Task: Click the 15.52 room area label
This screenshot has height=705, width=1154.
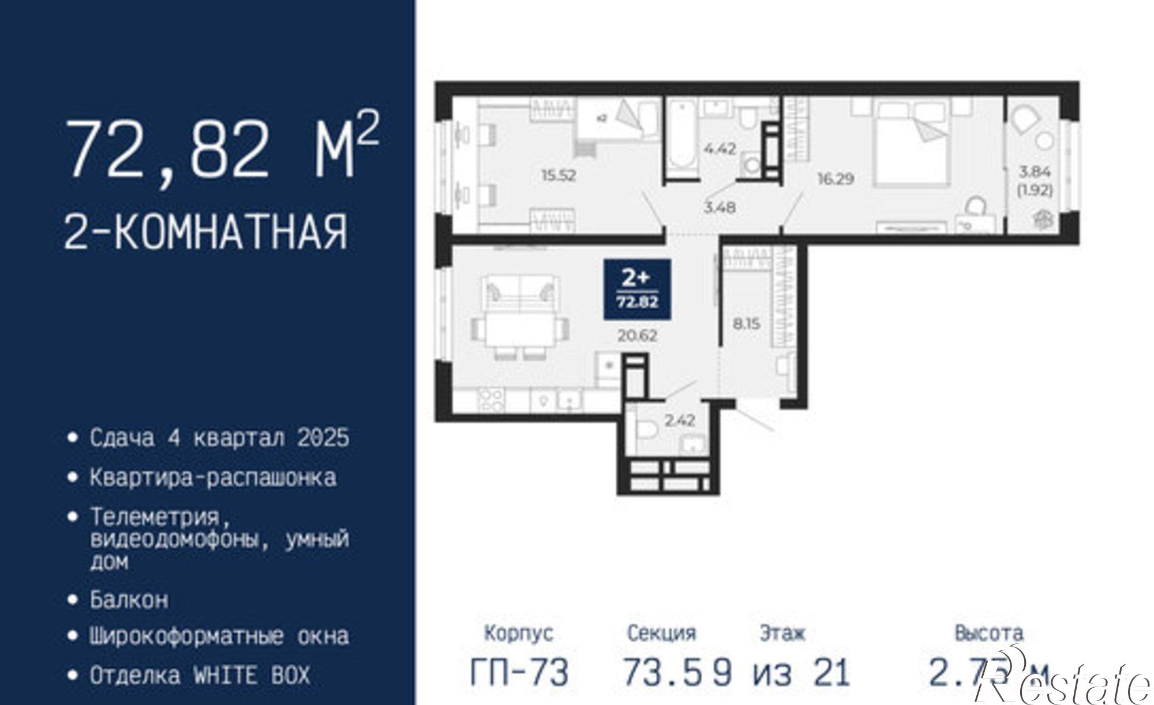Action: click(x=559, y=175)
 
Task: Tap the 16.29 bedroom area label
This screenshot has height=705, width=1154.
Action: click(x=835, y=179)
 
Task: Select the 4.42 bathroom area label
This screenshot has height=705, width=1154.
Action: click(x=720, y=148)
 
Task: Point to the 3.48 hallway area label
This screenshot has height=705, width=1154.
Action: click(x=720, y=206)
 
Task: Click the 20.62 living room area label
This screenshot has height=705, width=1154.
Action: click(x=637, y=335)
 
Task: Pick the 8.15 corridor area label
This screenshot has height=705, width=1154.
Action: click(x=746, y=323)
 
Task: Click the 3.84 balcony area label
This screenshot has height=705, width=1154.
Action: click(x=1035, y=171)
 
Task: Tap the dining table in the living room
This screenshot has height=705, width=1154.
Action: click(x=521, y=330)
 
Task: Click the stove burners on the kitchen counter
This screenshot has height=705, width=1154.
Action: click(x=492, y=399)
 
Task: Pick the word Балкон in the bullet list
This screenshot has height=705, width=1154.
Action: click(x=129, y=600)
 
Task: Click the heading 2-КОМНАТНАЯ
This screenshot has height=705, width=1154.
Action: click(x=205, y=231)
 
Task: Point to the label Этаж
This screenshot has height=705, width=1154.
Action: click(x=782, y=633)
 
